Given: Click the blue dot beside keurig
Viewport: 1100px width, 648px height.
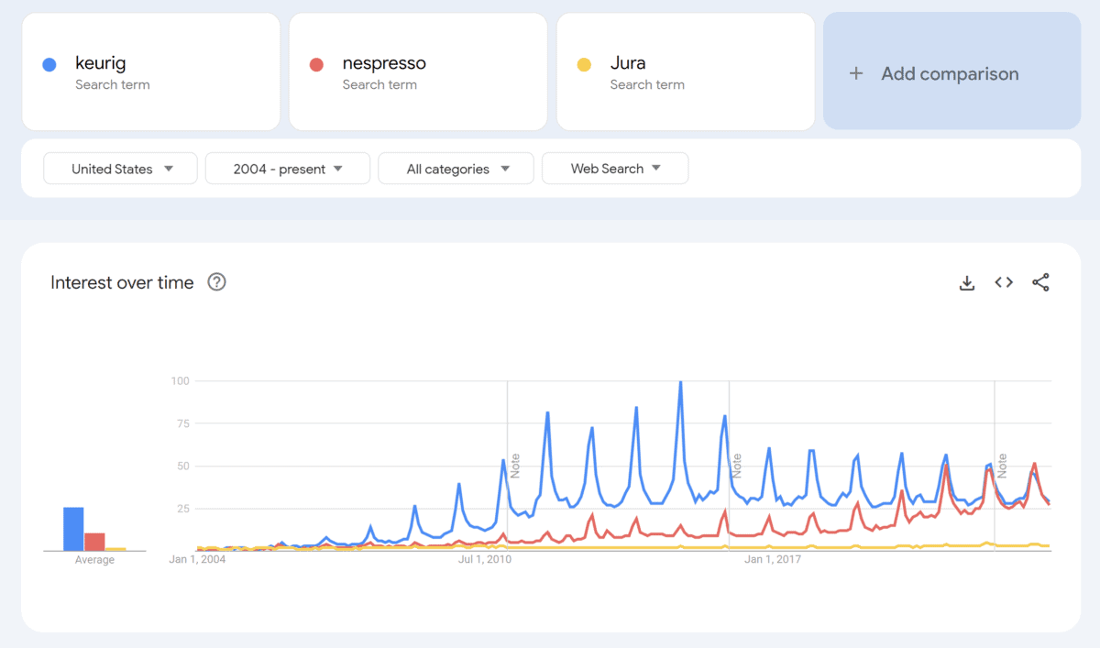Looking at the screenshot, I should (49, 64).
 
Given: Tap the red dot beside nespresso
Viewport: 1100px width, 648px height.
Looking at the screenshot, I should (316, 64).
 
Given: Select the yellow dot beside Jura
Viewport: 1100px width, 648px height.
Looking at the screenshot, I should (584, 64).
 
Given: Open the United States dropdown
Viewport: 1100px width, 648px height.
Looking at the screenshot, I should (121, 169).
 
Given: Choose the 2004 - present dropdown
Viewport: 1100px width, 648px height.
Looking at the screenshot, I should (288, 169).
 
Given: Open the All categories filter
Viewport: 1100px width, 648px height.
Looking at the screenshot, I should (456, 169).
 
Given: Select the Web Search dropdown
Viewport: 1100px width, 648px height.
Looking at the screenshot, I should (615, 169).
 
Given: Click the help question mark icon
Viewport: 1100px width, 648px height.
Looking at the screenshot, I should (216, 282).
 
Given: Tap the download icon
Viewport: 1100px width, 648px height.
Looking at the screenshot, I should (966, 282).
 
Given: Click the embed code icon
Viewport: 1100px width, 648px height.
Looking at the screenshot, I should (1004, 282).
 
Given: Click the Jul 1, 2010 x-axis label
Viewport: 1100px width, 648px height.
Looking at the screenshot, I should (484, 559).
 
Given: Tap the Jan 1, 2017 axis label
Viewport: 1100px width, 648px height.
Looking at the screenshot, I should (773, 559).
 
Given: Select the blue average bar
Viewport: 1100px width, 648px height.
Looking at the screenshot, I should (73, 529).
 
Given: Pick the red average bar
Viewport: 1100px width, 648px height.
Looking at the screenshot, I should (94, 541).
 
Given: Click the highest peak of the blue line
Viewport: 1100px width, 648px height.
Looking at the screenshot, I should (680, 382).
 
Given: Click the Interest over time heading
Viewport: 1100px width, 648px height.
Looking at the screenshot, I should (122, 282).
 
